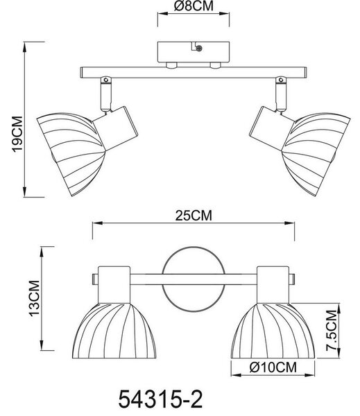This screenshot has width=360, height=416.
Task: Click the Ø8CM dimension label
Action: [194, 6]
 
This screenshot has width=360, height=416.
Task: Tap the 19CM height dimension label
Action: [18, 134]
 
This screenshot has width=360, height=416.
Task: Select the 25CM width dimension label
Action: [194, 216]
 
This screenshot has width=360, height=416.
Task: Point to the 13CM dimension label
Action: [35, 298]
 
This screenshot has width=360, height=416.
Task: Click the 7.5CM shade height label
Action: [332, 330]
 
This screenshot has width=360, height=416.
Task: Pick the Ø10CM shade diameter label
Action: [273, 367]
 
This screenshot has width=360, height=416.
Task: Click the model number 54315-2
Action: [160, 399]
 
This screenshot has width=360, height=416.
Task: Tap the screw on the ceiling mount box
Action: [198, 48]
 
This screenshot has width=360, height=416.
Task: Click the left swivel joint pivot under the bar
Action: [105, 80]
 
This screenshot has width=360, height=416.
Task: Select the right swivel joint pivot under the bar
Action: [281, 80]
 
